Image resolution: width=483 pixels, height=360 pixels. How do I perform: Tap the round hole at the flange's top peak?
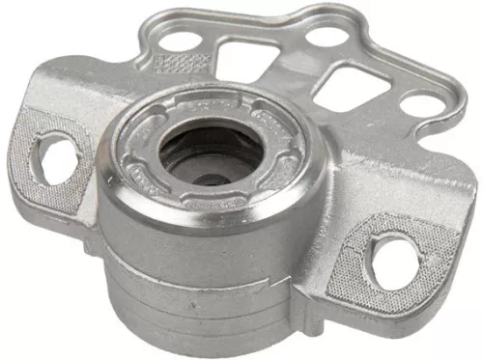pos(327,37)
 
